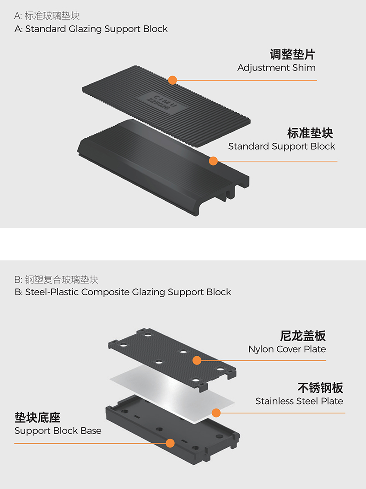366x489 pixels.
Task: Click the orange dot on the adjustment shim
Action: point(172,80)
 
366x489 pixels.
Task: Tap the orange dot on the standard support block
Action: point(213,161)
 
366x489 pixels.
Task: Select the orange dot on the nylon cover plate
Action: point(197,360)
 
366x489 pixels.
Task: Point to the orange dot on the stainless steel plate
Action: point(216,413)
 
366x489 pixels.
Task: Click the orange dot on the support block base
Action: point(170,443)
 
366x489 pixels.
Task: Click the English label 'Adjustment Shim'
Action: point(277,68)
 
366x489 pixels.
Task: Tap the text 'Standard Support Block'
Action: point(281,146)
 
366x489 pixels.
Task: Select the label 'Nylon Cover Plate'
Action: point(287,349)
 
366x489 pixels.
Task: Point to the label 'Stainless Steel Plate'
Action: point(299,401)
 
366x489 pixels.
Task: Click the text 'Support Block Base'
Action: point(58,431)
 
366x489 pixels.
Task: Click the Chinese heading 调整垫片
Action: point(293,54)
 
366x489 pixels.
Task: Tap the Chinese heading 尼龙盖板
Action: point(303,336)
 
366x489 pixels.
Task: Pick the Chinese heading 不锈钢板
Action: point(321,388)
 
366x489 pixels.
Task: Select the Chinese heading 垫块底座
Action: point(38,417)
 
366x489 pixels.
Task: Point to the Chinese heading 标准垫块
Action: point(310,133)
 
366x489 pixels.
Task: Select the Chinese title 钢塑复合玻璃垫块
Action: point(62,280)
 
